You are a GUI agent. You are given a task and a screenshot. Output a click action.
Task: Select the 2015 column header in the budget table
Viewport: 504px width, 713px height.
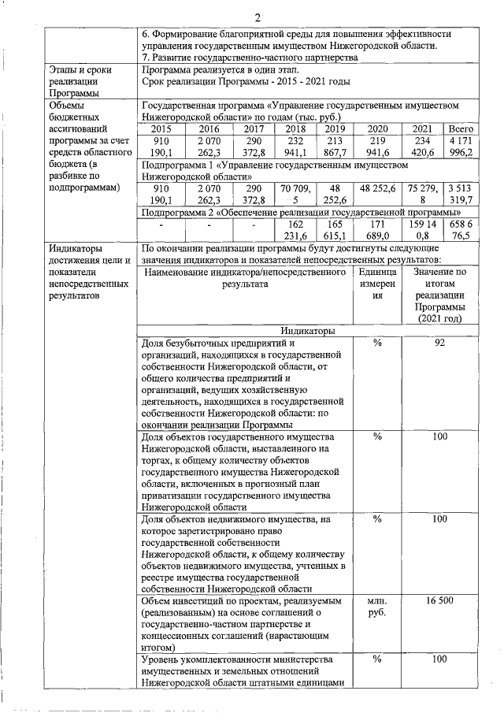point(161,128)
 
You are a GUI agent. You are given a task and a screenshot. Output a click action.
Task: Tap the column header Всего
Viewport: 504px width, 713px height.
point(459,128)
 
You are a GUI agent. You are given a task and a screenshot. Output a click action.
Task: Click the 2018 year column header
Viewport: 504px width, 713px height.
point(295,128)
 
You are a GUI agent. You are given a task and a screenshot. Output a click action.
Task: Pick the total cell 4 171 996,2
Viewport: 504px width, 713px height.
point(459,147)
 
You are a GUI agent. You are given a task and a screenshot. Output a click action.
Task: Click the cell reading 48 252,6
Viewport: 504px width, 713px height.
point(378,189)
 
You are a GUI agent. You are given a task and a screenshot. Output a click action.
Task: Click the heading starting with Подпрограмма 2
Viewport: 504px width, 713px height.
point(299,213)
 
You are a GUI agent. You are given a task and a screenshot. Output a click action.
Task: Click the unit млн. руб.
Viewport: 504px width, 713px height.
point(376,607)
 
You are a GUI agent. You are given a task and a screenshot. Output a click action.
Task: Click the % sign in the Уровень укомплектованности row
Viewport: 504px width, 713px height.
point(376,659)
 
